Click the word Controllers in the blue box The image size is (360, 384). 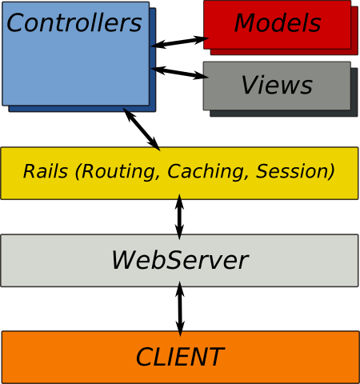tap(74, 22)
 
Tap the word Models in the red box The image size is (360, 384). tap(278, 23)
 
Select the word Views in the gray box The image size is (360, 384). tap(277, 85)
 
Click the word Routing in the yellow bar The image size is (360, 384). tap(118, 171)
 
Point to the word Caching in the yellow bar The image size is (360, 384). tap(206, 171)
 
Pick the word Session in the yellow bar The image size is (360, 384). tap(293, 171)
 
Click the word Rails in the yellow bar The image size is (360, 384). tap(46, 171)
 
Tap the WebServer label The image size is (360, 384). tap(180, 260)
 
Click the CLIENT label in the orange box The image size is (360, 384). tap(180, 357)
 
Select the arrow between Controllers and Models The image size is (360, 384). tap(180, 42)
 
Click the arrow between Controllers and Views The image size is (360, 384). tap(180, 72)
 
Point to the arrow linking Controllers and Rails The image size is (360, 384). tap(142, 129)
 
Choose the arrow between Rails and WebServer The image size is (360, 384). tap(179, 217)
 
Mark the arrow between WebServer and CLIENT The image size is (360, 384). tap(180, 309)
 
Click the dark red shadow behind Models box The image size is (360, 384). tap(354, 30)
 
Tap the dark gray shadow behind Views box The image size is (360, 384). tap(354, 92)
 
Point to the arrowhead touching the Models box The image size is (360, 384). tap(202, 39)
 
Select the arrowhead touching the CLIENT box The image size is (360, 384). tap(180, 329)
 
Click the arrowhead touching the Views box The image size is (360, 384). tap(202, 76)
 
